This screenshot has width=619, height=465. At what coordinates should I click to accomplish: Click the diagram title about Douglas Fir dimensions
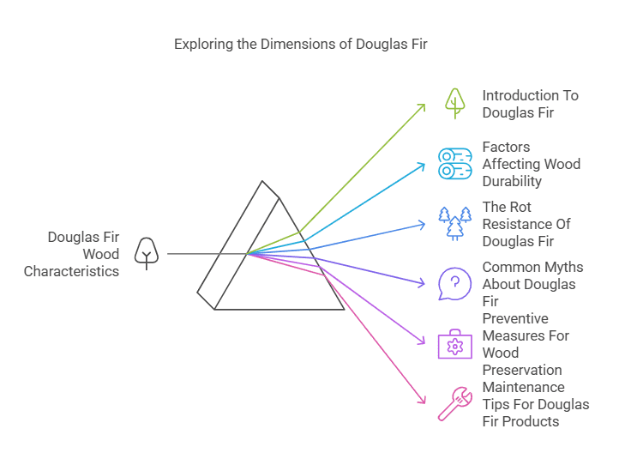click(x=301, y=44)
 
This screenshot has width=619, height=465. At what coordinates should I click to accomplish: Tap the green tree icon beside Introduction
click(x=454, y=104)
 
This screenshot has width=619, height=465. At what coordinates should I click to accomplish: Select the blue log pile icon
click(x=454, y=163)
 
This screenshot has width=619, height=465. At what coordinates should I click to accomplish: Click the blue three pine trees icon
click(x=454, y=223)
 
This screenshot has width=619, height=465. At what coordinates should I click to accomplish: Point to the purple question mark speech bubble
click(x=454, y=283)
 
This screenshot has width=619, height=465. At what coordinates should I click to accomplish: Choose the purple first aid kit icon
click(x=454, y=343)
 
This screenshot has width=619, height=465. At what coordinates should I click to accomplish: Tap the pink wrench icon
click(x=454, y=403)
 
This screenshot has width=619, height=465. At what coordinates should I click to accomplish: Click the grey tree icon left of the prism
click(x=147, y=254)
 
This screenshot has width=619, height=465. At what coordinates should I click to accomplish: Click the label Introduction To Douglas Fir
click(x=530, y=104)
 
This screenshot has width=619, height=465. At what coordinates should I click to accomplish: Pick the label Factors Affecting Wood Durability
click(x=531, y=164)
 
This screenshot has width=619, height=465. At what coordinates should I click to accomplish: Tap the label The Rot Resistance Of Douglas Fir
click(x=526, y=224)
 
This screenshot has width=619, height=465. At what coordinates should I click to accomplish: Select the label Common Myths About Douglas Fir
click(x=532, y=284)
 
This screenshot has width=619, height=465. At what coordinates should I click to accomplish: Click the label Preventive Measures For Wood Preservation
click(x=526, y=344)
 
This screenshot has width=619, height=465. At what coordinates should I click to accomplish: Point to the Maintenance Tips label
click(x=535, y=404)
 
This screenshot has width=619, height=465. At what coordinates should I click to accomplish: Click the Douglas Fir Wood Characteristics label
click(x=72, y=254)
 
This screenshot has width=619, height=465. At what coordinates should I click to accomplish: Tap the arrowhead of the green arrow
click(x=423, y=106)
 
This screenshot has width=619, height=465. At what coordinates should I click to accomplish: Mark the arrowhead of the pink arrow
click(x=423, y=399)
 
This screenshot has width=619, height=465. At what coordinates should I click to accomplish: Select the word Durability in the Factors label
click(x=512, y=181)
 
